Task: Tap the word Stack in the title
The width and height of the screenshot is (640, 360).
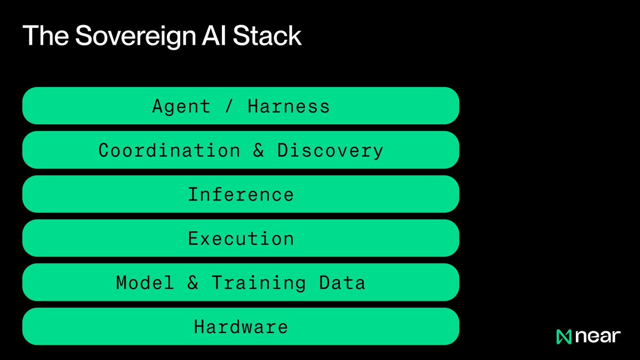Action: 267,35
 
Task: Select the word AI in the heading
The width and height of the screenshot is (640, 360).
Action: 214,35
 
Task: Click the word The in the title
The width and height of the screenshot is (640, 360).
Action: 46,35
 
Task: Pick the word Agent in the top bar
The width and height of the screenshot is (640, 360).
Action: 181,107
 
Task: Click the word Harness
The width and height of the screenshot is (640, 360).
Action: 289,106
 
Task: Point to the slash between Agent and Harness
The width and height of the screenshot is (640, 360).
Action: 229,106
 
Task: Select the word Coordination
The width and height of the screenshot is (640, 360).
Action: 169,150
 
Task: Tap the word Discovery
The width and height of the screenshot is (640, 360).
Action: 330,151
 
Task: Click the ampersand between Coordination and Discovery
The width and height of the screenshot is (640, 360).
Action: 259,150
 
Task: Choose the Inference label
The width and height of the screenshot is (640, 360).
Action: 241,195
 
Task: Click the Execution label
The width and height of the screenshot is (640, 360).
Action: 241,238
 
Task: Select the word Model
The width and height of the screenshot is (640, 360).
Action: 145,283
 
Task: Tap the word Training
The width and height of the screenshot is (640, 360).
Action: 259,283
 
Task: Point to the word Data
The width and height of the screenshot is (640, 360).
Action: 342,283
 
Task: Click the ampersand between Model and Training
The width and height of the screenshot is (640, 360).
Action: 193,283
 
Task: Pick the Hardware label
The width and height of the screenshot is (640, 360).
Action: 241,326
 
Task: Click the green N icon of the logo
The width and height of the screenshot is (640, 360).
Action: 564,337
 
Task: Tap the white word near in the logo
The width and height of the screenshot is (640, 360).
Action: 598,337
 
